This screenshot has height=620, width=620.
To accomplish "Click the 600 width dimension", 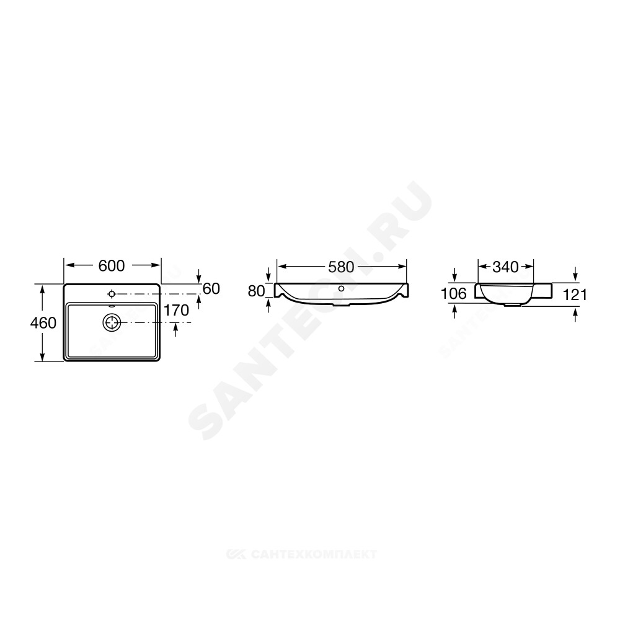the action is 112,266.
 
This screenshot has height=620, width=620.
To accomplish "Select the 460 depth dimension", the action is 43,323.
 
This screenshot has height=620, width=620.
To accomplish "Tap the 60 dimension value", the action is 211,289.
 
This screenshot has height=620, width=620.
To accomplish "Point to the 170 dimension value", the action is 176,311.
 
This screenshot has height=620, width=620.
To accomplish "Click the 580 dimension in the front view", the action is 341,267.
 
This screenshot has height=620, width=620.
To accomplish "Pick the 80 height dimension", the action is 256,291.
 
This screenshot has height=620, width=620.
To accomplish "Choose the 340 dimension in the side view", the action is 505,267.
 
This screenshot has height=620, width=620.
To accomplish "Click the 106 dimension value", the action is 454,293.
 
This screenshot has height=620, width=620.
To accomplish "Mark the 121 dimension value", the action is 575,294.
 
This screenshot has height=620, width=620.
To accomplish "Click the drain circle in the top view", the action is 112,323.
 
